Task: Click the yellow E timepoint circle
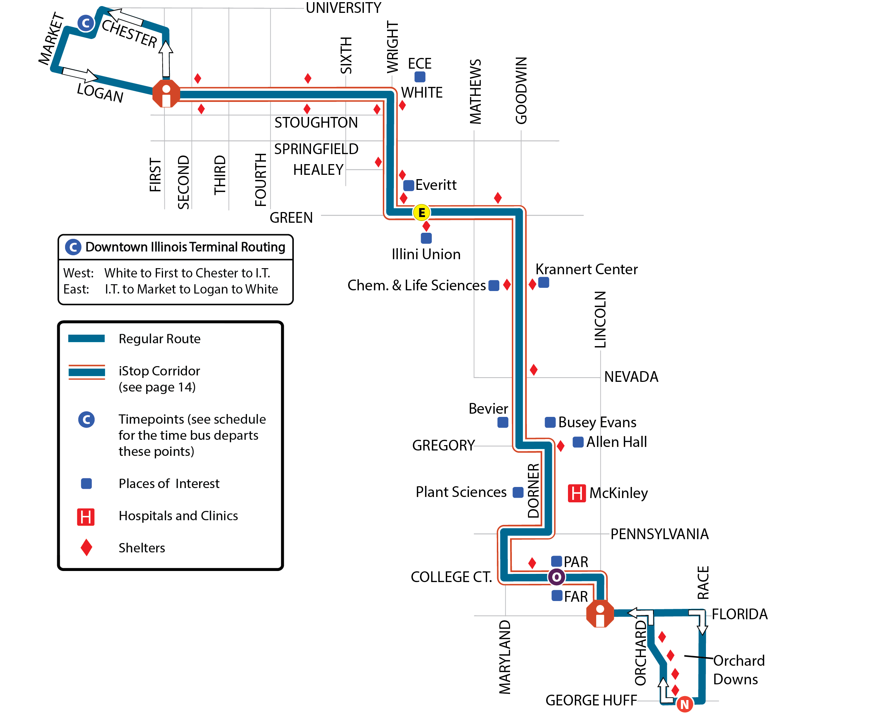point(421,213)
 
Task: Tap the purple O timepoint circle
point(557,577)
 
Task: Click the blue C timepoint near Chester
point(86,23)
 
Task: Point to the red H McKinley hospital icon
point(577,493)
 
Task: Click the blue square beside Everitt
point(408,186)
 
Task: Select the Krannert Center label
point(587,269)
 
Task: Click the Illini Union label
point(426,254)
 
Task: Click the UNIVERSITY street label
point(343,8)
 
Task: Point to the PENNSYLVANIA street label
point(659,534)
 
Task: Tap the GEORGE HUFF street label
point(591,700)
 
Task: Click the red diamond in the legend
point(86,547)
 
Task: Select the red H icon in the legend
point(85,517)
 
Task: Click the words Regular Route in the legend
point(159,339)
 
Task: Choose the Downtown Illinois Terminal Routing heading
point(185,247)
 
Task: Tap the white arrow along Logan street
point(80,74)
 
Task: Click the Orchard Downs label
point(739,670)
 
